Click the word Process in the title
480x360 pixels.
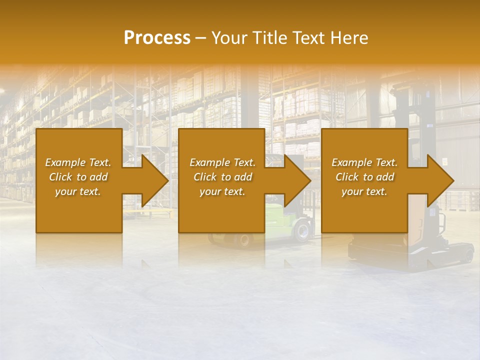click(157, 38)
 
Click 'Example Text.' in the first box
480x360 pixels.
click(78, 162)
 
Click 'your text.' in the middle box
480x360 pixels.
click(222, 191)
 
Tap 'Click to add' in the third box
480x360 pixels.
click(364, 177)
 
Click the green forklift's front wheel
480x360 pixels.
click(302, 230)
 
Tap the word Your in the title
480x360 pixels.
click(228, 38)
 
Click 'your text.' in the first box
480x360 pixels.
click(78, 191)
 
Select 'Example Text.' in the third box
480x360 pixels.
click(364, 162)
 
